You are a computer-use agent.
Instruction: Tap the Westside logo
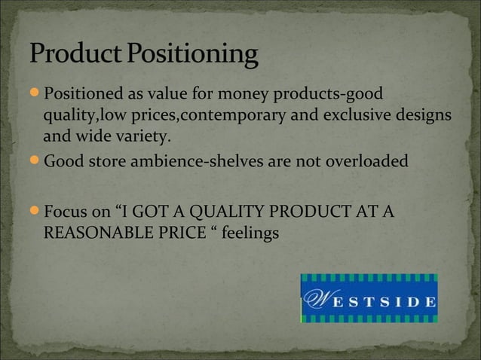[369, 298]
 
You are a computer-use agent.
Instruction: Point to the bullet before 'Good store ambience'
[37, 160]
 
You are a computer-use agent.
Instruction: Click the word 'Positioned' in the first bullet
[82, 94]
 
